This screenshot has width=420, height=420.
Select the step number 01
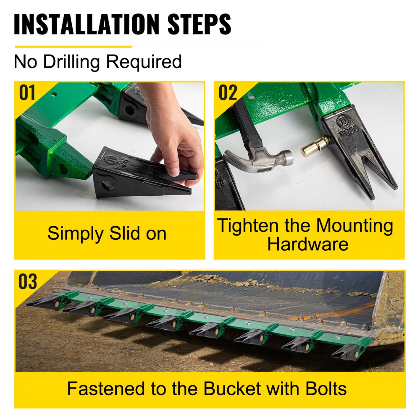coord(28,93)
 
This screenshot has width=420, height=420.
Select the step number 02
coord(228,93)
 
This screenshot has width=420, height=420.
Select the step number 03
coord(28,282)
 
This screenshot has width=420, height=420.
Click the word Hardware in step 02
coord(308,244)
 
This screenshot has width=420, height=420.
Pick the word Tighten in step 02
coord(248,226)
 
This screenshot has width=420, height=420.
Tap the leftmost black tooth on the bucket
coord(42,301)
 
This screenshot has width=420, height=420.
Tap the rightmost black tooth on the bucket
coord(347,352)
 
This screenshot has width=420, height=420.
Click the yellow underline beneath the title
coord(73,47)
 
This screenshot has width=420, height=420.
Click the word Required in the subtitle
coord(144,62)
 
